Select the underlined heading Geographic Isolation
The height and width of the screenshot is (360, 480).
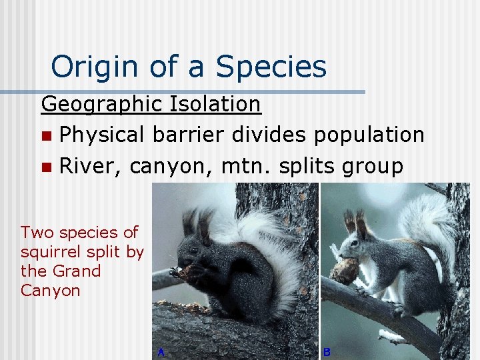coord(151,104)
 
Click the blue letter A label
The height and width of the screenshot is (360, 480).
coord(161,351)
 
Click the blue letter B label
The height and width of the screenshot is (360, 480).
coord(327,351)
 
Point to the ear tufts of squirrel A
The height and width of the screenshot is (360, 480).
coord(197,223)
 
